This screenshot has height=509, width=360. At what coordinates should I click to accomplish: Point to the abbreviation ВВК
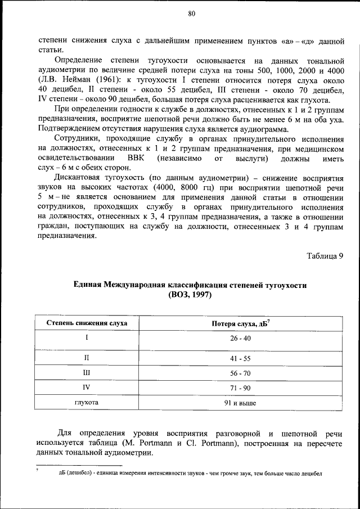click(x=137, y=158)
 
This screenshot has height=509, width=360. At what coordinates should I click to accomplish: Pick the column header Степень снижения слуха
click(x=87, y=323)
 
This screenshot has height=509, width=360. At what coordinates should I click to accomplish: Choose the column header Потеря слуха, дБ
click(x=243, y=323)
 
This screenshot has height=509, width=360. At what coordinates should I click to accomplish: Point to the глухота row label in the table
click(x=87, y=403)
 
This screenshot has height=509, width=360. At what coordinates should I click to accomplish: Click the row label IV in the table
click(x=87, y=388)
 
